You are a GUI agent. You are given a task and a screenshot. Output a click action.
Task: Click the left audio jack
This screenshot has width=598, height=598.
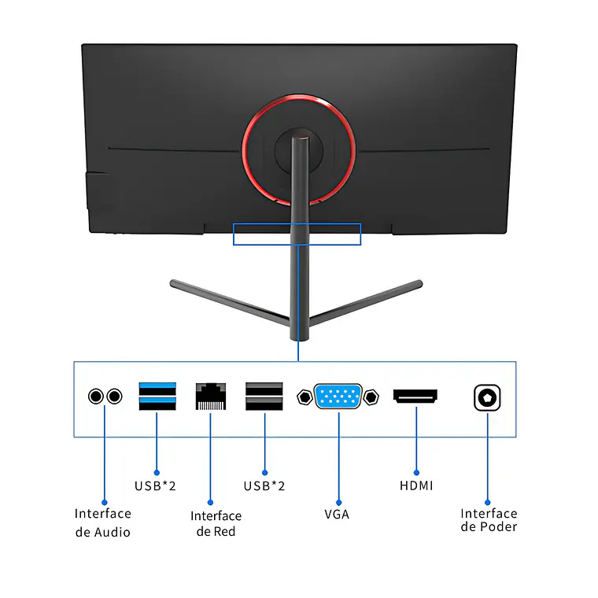click(96, 396)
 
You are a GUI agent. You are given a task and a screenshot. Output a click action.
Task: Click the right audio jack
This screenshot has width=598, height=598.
click(115, 396)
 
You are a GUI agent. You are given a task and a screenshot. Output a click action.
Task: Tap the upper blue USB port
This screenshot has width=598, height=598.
click(157, 387)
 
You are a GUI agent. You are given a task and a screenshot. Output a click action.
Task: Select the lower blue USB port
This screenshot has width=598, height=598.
click(157, 404)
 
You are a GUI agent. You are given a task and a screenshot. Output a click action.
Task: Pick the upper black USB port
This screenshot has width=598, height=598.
click(264, 387)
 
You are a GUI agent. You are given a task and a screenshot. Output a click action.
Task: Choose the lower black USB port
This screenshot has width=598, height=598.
click(264, 404)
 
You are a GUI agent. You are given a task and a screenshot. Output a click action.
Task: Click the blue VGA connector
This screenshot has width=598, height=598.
click(338, 396)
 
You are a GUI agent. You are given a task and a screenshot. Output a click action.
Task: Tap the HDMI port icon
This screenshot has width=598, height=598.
click(415, 396)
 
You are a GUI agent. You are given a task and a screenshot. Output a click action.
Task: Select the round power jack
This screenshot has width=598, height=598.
click(488, 397)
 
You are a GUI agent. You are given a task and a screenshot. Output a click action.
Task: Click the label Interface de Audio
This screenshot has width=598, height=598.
click(103, 522)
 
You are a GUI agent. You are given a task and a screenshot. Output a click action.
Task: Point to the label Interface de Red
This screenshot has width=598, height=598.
click(216, 523)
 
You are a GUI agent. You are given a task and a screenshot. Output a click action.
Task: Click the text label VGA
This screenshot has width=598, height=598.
click(337, 515)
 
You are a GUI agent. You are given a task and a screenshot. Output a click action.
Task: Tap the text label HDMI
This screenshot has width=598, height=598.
click(416, 485)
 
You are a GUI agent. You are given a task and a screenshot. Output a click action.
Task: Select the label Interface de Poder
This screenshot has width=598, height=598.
click(489, 520)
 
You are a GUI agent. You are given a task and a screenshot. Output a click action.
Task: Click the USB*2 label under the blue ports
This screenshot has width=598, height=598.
click(155, 485)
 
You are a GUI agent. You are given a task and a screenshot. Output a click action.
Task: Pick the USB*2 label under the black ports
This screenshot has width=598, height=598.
click(264, 485)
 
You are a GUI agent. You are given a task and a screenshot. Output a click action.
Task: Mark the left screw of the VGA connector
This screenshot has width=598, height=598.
click(304, 397)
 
